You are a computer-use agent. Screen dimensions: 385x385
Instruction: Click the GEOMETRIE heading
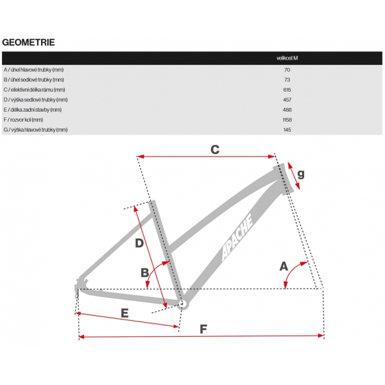[28, 42]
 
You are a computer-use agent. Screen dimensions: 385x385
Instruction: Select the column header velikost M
[287, 58]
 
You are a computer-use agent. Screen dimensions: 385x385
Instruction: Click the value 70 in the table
[287, 69]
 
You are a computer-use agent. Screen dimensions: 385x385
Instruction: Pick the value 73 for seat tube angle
[287, 80]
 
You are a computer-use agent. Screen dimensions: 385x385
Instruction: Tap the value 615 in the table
[287, 89]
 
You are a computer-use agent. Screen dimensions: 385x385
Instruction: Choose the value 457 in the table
[287, 99]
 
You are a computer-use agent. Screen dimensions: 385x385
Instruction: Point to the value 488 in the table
[287, 110]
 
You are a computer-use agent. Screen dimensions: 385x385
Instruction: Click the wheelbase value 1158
[287, 119]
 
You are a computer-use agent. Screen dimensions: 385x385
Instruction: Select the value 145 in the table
[287, 130]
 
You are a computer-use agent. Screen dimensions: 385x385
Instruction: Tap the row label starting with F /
[23, 119]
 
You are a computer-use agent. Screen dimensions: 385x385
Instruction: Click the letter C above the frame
[216, 150]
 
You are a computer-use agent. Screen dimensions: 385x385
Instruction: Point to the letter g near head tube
[300, 174]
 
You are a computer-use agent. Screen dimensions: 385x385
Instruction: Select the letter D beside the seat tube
[139, 243]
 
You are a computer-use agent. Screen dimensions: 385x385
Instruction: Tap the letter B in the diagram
[145, 272]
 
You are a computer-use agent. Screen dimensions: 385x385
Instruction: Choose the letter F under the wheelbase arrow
[203, 329]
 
